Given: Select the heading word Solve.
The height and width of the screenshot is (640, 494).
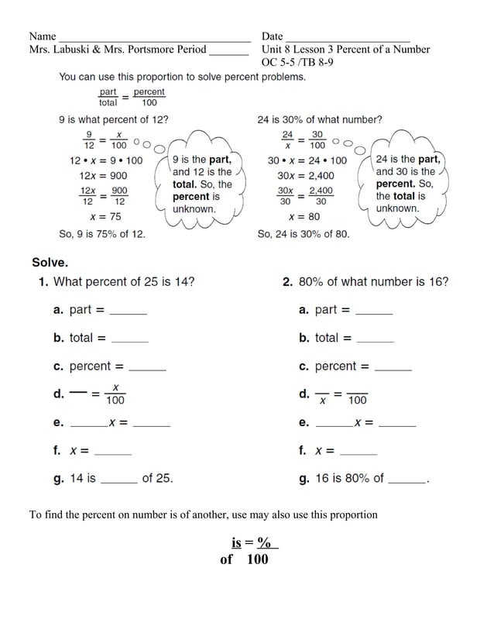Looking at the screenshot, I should coord(50,262).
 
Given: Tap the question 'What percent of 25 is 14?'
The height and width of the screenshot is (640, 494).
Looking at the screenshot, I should coord(124,282).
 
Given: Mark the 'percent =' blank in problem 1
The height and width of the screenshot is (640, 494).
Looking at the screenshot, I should coord(148,368).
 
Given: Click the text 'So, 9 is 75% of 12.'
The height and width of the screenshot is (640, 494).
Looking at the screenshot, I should coord(101,233).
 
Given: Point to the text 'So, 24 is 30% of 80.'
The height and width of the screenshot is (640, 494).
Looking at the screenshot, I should coord(303,233).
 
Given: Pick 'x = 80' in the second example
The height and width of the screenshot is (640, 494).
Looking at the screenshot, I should coord(304,217).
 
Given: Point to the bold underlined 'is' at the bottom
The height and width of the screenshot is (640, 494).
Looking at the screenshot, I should coord(237,543).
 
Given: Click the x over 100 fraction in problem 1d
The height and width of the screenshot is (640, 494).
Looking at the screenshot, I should coord(115,394).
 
